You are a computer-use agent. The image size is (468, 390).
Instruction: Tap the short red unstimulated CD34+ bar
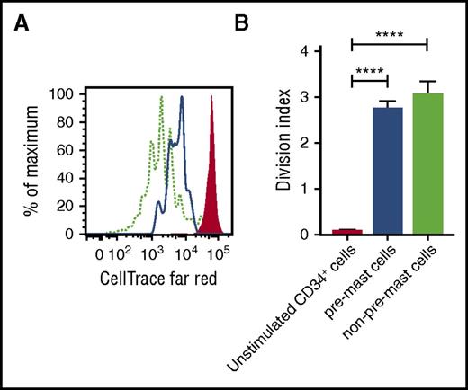point(346,232)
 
